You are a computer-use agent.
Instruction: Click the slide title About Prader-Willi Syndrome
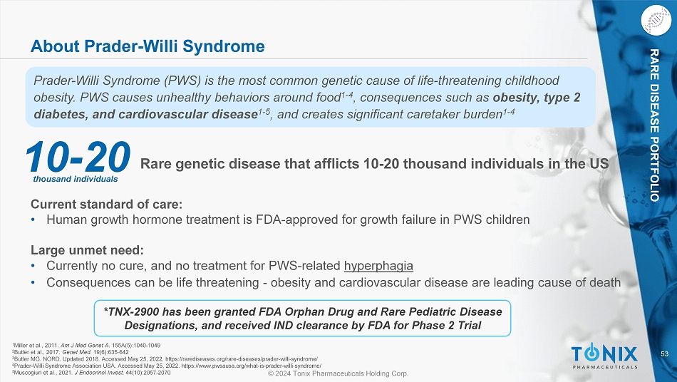[x=148, y=46]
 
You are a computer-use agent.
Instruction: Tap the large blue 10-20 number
[x=77, y=157]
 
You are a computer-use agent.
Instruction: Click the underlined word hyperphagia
[x=378, y=266]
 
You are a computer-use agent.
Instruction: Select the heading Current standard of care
[x=106, y=204]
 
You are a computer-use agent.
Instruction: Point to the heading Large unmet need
[x=87, y=250]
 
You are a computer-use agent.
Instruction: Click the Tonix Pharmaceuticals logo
[x=604, y=356]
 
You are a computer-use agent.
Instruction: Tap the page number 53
[x=664, y=354]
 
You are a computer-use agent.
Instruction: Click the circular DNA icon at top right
[x=656, y=20]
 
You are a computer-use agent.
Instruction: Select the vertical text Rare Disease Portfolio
[x=654, y=125]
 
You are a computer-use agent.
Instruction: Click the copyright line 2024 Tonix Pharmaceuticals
[x=338, y=373]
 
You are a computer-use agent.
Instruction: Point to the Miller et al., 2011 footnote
[x=87, y=346]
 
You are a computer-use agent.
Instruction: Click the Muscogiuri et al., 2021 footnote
[x=91, y=373]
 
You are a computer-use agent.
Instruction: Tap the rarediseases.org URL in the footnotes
[x=242, y=359]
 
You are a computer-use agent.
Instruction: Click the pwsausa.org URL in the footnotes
[x=251, y=366]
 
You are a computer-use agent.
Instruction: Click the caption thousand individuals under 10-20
[x=76, y=179]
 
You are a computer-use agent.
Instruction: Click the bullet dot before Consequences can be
[x=33, y=283]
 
